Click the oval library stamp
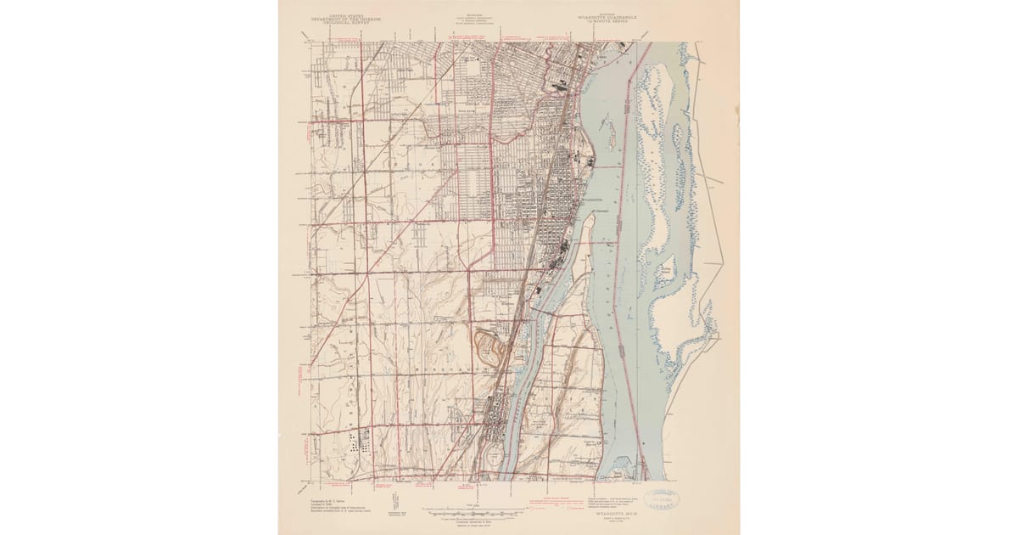click(x=668, y=498)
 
